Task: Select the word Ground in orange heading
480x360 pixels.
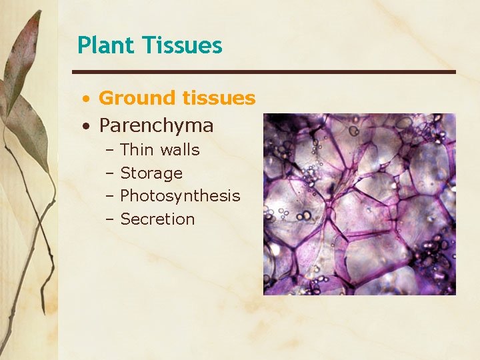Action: pos(136,98)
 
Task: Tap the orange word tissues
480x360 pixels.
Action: pos(217,98)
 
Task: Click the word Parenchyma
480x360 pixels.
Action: pos(156,125)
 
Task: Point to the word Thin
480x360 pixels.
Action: pos(137,150)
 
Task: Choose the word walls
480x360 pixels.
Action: pos(179,150)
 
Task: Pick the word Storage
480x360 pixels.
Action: pos(151,173)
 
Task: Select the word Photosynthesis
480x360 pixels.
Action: pos(180,196)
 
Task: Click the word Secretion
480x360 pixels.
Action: pos(157,219)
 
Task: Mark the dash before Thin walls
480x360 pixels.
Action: pos(109,151)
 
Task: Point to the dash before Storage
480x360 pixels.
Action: pos(109,174)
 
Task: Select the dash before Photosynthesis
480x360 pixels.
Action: pos(109,197)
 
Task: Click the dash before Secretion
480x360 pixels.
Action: pos(109,220)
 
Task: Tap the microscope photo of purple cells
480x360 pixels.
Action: pos(359,204)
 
